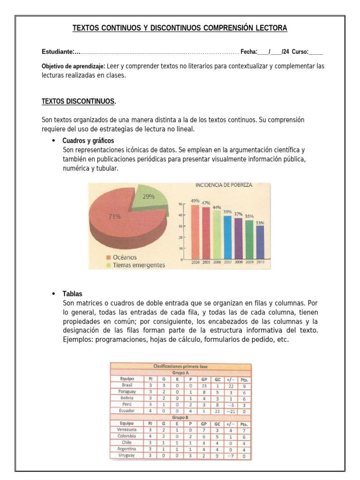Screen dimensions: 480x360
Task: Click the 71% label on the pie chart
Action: [x=114, y=217]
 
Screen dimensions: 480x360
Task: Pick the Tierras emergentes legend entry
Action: [x=135, y=265]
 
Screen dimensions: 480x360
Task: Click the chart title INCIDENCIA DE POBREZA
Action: [x=224, y=185]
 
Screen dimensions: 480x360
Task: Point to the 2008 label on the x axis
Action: [x=239, y=262]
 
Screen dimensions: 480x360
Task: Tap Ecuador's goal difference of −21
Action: [x=230, y=411]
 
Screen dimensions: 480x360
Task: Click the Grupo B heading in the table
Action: [x=180, y=417]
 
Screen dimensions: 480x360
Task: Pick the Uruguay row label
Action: [x=127, y=455]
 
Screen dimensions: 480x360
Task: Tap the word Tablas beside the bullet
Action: [x=72, y=294]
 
